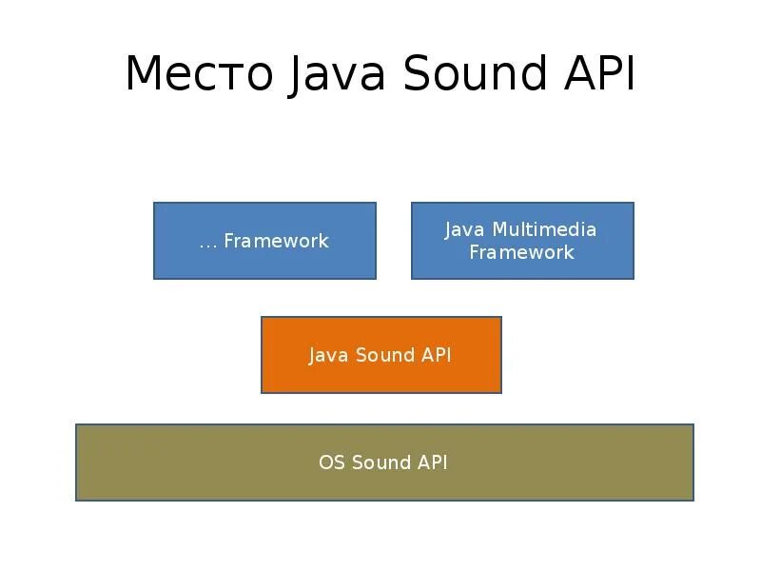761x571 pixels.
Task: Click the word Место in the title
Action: click(x=199, y=75)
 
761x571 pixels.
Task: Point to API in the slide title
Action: click(x=599, y=75)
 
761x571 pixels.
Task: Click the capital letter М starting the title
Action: click(x=142, y=75)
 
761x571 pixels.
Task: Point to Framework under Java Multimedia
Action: click(x=521, y=252)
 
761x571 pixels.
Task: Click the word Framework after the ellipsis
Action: click(x=276, y=241)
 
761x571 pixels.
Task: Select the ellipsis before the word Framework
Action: click(x=208, y=243)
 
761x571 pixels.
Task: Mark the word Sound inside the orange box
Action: click(x=385, y=355)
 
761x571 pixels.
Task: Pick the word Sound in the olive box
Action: click(x=380, y=463)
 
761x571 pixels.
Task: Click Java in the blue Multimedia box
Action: click(x=465, y=229)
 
